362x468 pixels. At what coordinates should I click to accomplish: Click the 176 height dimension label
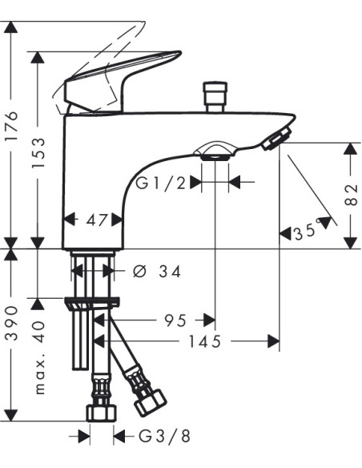[12, 126]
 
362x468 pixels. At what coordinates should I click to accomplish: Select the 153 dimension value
[38, 152]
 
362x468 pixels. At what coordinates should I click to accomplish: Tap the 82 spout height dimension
[351, 196]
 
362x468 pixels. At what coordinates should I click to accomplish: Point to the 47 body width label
[96, 220]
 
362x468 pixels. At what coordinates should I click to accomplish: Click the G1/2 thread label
[160, 183]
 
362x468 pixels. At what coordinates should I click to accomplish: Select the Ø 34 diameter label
[157, 272]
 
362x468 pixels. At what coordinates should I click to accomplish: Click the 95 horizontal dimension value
[175, 321]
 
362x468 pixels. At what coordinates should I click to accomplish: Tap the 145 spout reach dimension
[205, 341]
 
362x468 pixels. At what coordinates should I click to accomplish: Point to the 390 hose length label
[12, 322]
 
